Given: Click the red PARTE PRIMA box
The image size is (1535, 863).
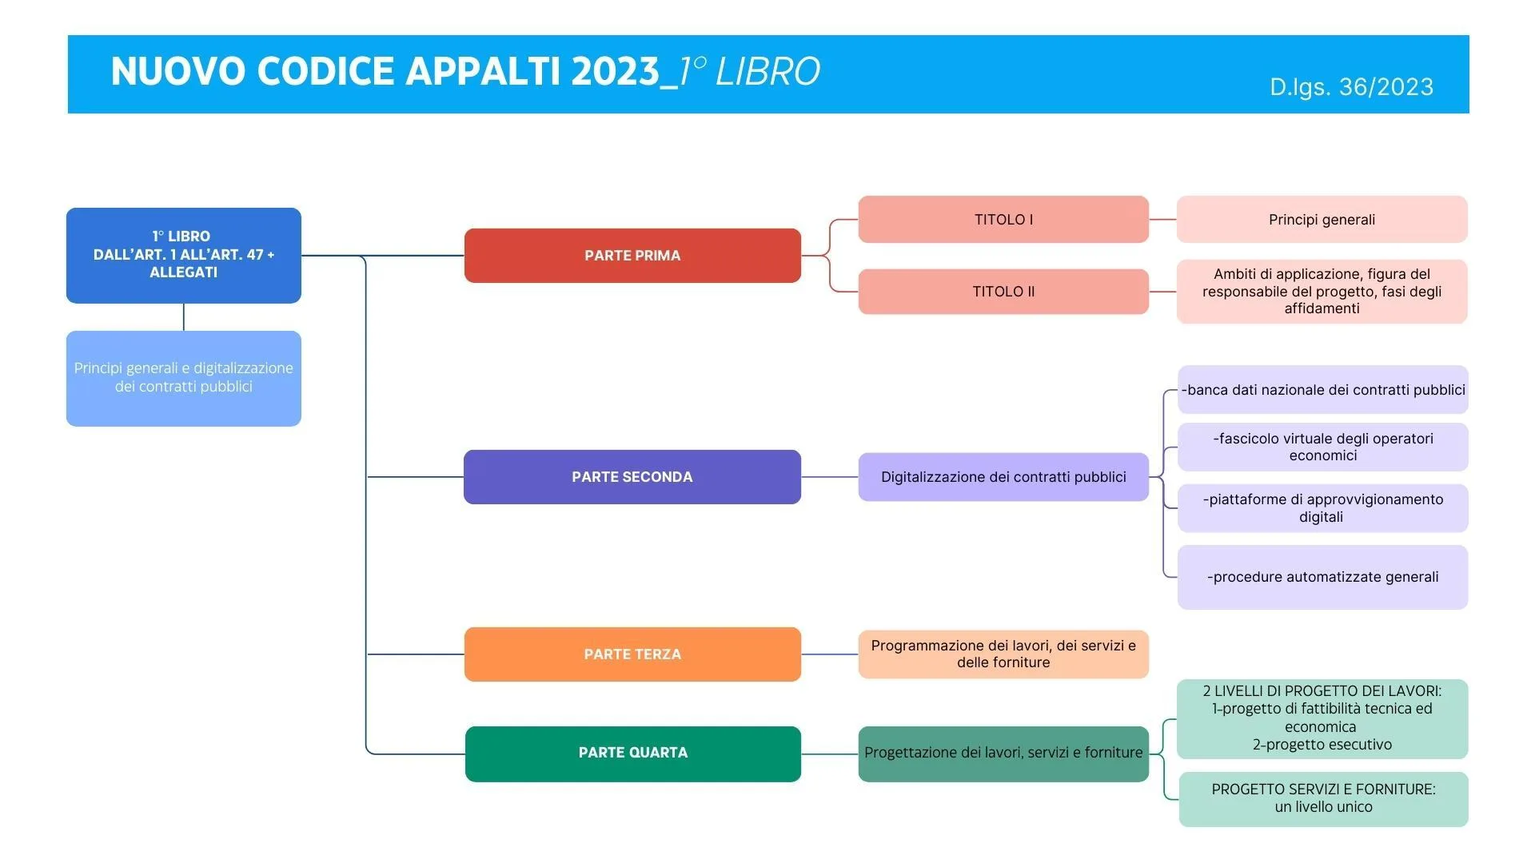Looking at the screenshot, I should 632,256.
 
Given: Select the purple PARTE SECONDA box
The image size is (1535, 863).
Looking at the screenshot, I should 632,477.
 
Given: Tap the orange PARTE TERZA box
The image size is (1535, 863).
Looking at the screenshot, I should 632,654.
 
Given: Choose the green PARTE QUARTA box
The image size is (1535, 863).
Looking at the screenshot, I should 632,754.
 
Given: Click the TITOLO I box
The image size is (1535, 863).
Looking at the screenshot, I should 1003,220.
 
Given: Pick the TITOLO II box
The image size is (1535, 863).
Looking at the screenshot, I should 1003,292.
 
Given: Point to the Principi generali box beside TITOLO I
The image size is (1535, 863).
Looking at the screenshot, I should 1322,220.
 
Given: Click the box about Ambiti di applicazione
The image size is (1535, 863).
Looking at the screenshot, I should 1322,292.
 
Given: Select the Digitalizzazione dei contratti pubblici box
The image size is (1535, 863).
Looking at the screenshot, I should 1003,477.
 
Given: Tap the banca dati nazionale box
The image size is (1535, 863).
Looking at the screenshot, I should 1322,390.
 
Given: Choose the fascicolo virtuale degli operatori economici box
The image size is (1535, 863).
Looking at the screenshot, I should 1322,447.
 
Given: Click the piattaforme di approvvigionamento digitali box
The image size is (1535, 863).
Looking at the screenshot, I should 1322,508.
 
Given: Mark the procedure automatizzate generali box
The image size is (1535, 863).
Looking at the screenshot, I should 1322,577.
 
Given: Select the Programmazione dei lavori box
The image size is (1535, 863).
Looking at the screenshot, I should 1003,654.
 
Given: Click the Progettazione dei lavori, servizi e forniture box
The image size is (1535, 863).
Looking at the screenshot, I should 1003,754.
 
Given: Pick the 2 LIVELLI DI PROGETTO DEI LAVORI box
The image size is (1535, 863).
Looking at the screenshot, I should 1322,718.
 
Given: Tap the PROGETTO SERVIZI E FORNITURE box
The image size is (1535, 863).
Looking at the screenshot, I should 1323,798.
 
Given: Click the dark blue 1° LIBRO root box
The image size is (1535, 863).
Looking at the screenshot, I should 184,255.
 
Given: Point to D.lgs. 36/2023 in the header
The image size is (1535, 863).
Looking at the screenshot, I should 1351,87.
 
